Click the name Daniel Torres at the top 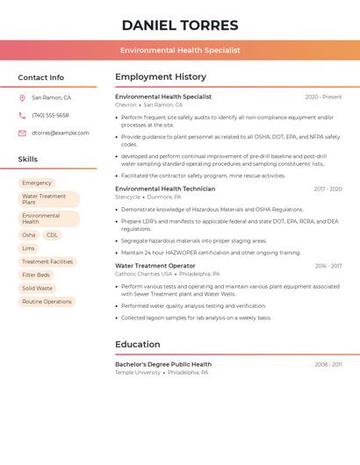pos(180,25)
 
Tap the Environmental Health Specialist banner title pos(180,51)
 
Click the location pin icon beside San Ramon pos(22,97)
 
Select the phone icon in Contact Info pos(22,115)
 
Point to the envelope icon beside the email pos(22,133)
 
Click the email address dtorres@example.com pos(61,133)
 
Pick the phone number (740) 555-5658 pos(50,115)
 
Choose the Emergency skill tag pos(37,182)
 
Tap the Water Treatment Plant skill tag pos(47,199)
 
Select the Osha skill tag pos(29,235)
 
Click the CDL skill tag pos(52,235)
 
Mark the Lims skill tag pos(29,248)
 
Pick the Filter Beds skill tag pos(36,275)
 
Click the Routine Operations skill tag pos(47,301)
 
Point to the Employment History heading pos(161,77)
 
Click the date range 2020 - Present pos(323,97)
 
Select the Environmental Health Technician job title pos(165,189)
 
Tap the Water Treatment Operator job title pos(155,266)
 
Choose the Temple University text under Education pos(138,372)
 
